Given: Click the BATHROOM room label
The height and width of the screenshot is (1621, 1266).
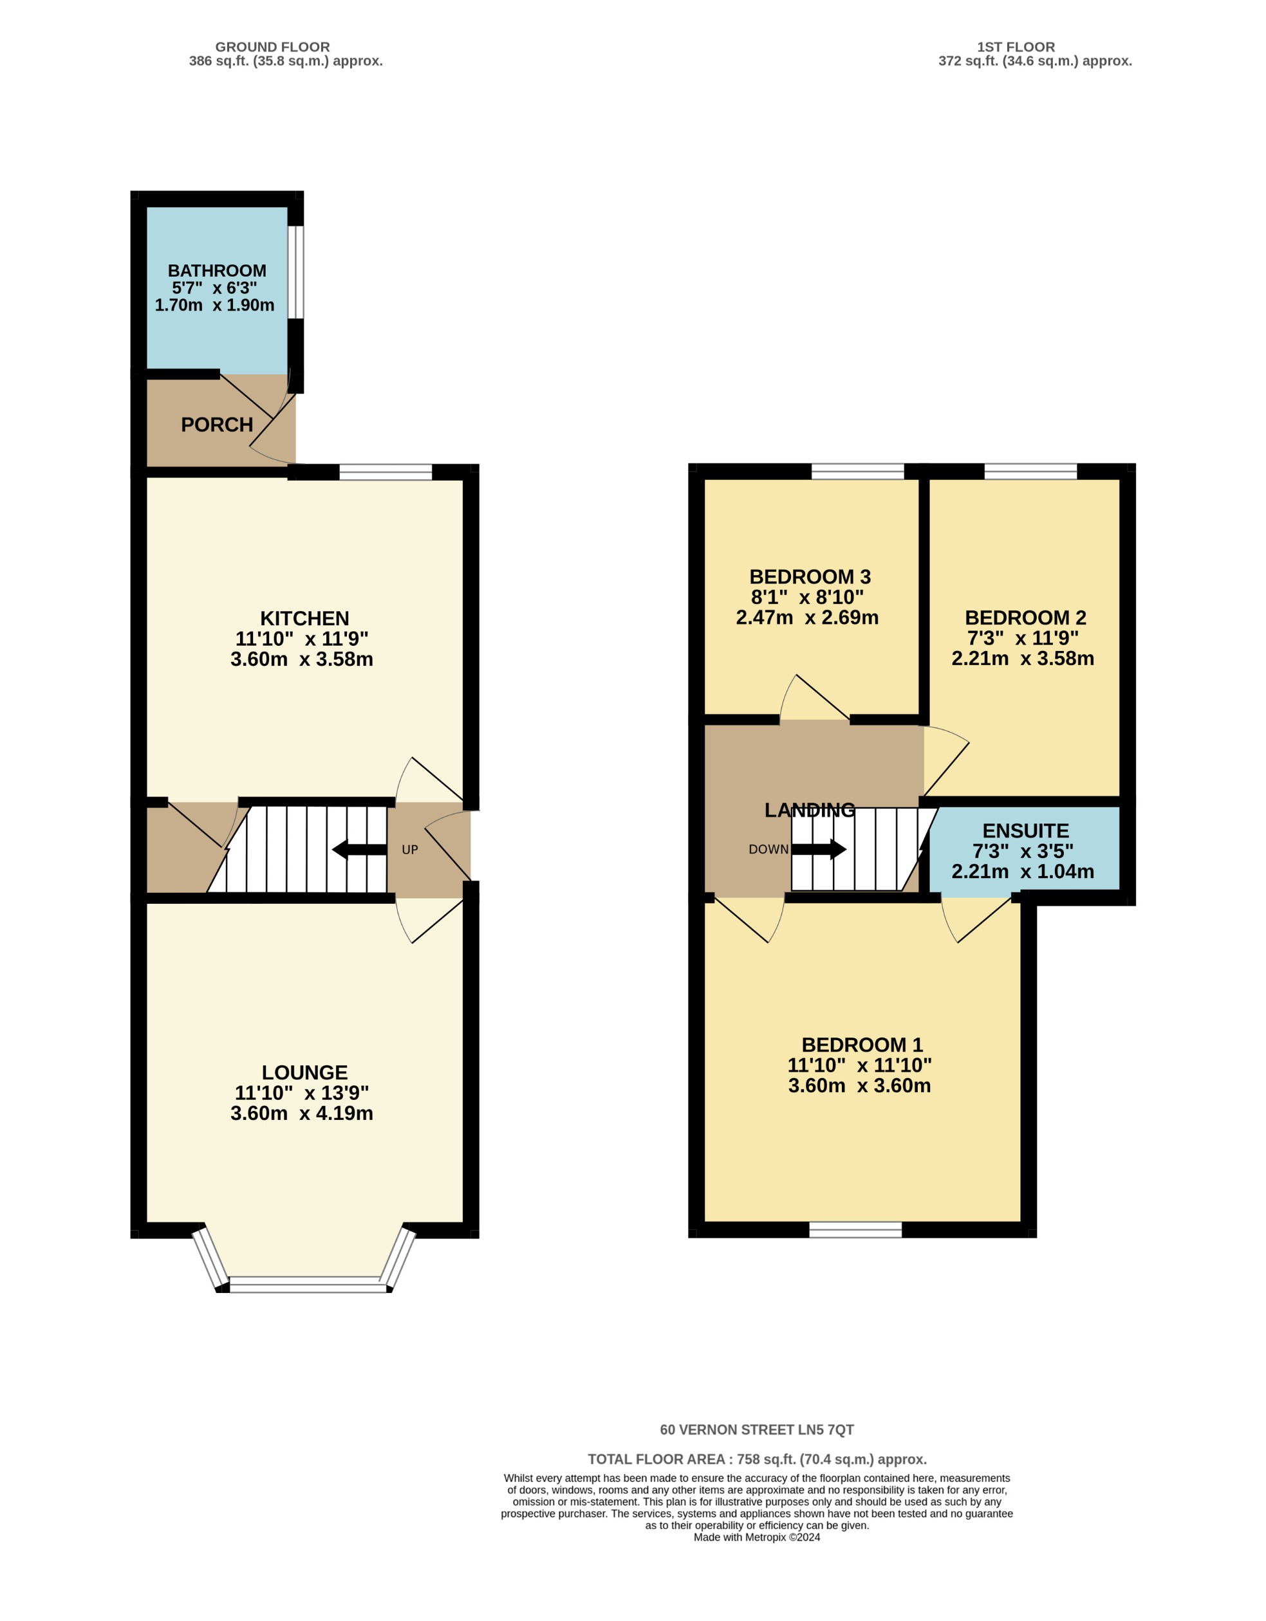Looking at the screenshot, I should pos(217,271).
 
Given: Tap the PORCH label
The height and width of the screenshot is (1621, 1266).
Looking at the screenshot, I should pos(217,425).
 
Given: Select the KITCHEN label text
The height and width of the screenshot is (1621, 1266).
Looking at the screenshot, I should pos(304,618).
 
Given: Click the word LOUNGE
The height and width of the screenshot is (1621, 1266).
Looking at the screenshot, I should pos(304,1072).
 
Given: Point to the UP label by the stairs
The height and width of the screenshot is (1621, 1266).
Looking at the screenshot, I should pos(410,850).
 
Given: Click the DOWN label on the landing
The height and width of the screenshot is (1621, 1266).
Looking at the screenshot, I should pos(768,850).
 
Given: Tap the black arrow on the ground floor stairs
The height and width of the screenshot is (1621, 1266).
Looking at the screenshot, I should pos(359,850).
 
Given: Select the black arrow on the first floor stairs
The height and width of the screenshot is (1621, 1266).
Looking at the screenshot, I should pos(819,849).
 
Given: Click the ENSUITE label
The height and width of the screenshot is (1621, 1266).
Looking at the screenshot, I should pos(1025,830).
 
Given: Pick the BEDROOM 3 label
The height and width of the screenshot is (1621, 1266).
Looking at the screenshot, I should pos(810,577).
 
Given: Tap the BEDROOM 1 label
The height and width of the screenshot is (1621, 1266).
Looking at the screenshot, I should pos(862,1045).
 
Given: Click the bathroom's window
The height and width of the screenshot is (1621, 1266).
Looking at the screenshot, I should pos(295,271).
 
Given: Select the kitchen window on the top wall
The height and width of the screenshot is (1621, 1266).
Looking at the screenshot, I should pos(386,472).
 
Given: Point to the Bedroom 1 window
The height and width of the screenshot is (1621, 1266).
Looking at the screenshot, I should pos(855,1230).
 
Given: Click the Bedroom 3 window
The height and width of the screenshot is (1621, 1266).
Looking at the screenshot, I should pos(857,472).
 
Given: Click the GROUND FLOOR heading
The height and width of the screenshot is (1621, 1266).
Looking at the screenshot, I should pos(272,47).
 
